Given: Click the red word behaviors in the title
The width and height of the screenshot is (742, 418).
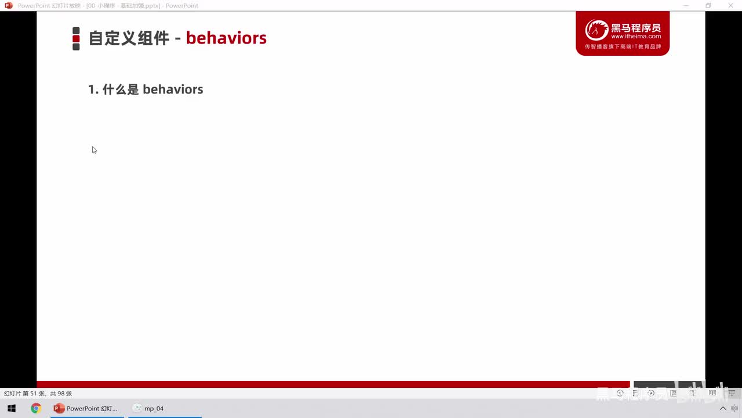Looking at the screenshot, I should click(226, 38).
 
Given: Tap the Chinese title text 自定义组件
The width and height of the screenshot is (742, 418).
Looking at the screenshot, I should click(129, 38).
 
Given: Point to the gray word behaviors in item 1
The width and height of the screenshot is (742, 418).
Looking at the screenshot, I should click(173, 89).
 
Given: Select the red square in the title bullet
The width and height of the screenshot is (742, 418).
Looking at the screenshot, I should click(76, 38).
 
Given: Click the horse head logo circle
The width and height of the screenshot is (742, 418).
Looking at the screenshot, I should click(596, 30).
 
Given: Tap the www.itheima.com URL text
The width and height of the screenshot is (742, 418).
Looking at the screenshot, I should click(636, 36).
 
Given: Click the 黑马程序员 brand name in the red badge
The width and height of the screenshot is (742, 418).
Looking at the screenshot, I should click(636, 27).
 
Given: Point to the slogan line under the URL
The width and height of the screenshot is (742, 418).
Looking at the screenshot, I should click(623, 46).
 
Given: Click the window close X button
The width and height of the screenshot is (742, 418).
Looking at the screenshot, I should click(730, 6).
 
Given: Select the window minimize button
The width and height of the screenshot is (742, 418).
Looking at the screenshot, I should click(686, 6).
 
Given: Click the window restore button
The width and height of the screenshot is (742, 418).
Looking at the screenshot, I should click(708, 6).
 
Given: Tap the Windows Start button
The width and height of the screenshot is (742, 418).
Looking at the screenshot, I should click(11, 408).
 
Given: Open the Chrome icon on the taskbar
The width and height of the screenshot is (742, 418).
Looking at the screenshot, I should click(36, 408).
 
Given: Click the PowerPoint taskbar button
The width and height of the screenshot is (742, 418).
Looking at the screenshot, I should click(86, 408).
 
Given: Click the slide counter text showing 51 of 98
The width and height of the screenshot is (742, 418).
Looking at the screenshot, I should click(38, 393).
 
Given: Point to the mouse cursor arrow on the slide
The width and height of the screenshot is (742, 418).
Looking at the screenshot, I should click(93, 149).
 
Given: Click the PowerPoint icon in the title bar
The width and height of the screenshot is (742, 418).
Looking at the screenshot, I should click(9, 6).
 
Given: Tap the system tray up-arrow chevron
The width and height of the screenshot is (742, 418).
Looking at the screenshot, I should click(723, 408).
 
